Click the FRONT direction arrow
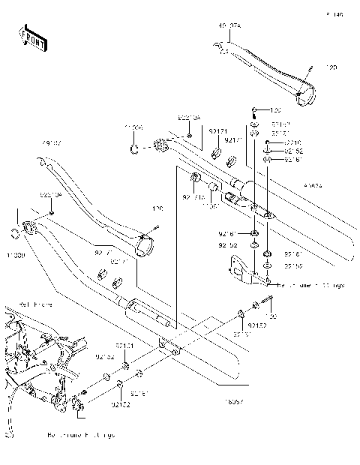pyautogui.click(x=31, y=39)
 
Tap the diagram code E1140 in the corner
pyautogui.click(x=334, y=14)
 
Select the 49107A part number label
pyautogui.click(x=229, y=26)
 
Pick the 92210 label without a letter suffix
pyautogui.click(x=292, y=142)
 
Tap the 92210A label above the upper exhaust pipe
pyautogui.click(x=188, y=118)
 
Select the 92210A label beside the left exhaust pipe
pyautogui.click(x=50, y=193)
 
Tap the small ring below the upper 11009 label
pyautogui.click(x=133, y=149)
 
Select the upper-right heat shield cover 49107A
pyautogui.click(x=270, y=71)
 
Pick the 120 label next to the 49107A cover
pyautogui.click(x=331, y=67)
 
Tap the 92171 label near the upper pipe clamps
pyautogui.click(x=217, y=130)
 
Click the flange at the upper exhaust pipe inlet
pyautogui.click(x=160, y=144)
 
